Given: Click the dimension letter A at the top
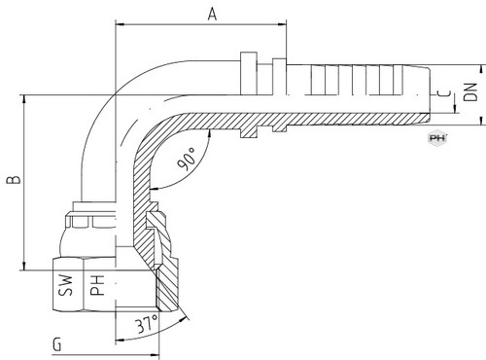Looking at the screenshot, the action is pos(212,15).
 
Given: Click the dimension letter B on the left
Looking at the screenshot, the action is pos(14,180).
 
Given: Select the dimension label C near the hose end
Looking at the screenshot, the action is pos(443,93).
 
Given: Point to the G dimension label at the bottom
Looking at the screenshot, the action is pos(57,344).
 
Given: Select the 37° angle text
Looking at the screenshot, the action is pos(147,324).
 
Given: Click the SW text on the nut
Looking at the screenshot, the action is pos(66,285).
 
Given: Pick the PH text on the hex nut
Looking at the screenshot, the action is pos(97,285).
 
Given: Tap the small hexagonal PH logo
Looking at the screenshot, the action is pos(437,138).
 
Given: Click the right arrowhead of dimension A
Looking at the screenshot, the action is pos(283,23).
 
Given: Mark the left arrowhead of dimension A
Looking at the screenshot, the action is pos(120,23).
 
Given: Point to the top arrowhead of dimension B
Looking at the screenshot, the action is pos(24,99).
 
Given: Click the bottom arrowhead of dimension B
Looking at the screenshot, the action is pos(24,266).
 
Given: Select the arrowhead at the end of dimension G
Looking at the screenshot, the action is pos(156,355).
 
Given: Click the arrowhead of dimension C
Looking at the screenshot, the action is pos(455,109).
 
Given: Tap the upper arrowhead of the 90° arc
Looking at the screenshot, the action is pos(210,133).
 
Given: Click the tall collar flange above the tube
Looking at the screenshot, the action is pos(249,73).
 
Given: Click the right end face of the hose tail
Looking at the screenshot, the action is pos(430,94).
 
